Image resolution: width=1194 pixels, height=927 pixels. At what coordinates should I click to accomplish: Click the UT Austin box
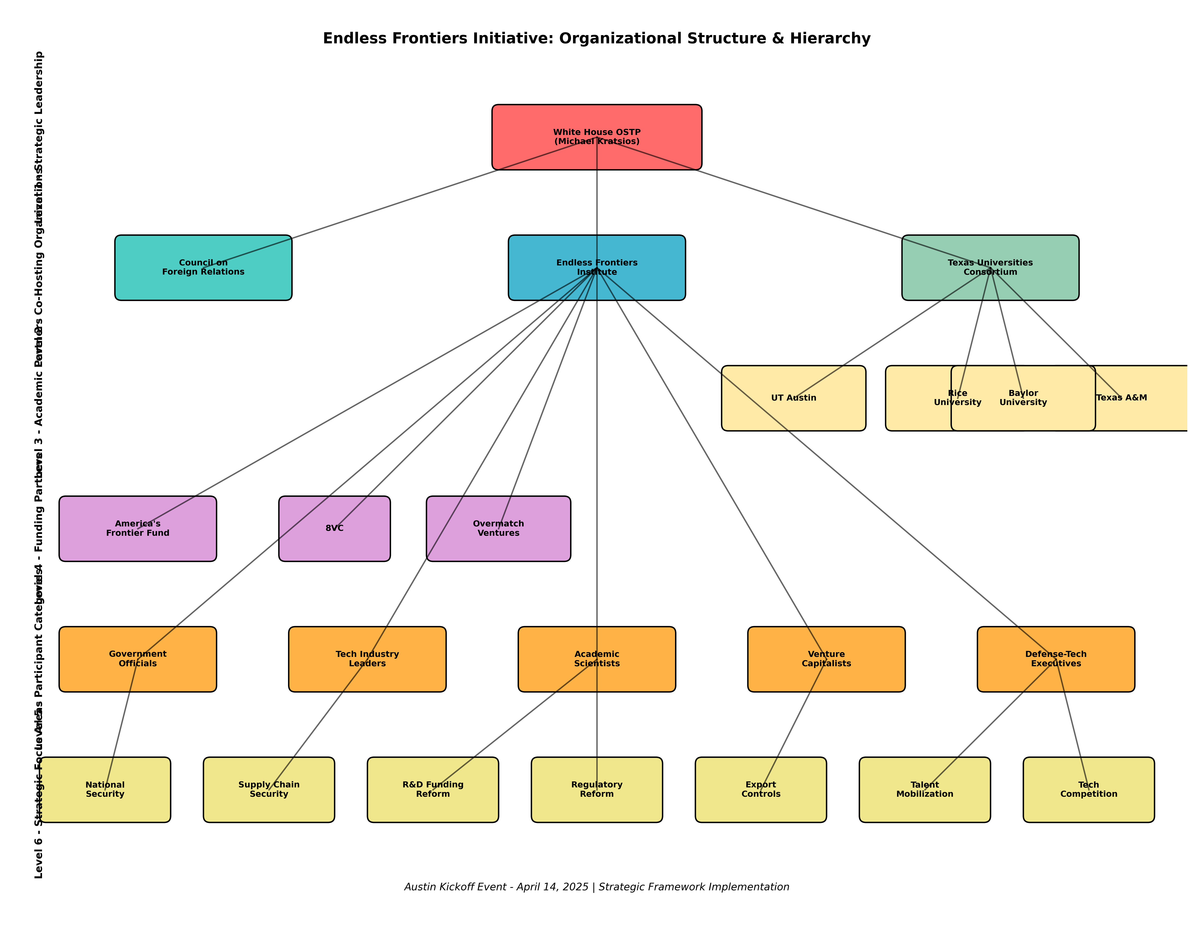793,398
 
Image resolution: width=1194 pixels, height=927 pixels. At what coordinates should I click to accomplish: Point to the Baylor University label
1023,398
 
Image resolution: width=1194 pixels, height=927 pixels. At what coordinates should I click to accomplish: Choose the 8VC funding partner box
334,529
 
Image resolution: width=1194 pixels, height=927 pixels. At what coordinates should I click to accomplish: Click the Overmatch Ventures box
498,529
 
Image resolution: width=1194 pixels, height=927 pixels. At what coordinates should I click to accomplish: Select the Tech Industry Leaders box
367,659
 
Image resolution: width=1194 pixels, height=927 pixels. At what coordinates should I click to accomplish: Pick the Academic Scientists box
597,659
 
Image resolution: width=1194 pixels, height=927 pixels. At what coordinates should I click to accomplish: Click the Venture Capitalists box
826,659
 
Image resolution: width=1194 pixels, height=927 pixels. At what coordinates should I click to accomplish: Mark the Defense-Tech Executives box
1056,659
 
